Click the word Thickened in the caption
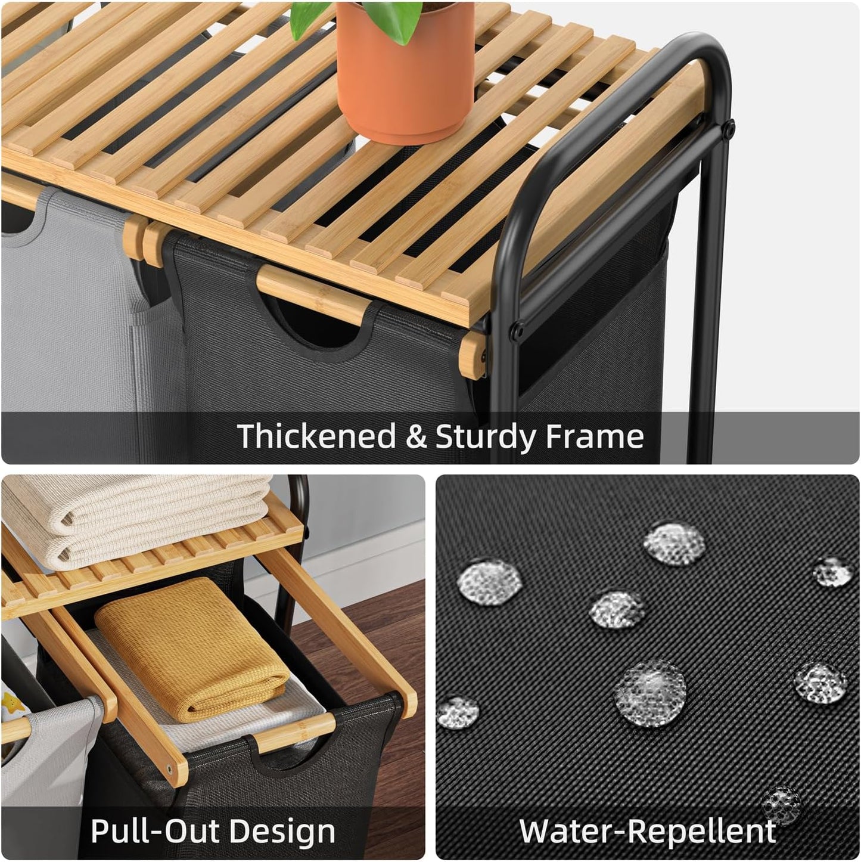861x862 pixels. [316, 436]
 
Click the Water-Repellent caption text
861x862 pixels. [648, 831]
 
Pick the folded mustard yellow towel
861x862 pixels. [191, 650]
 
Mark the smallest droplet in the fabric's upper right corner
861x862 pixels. [832, 573]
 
